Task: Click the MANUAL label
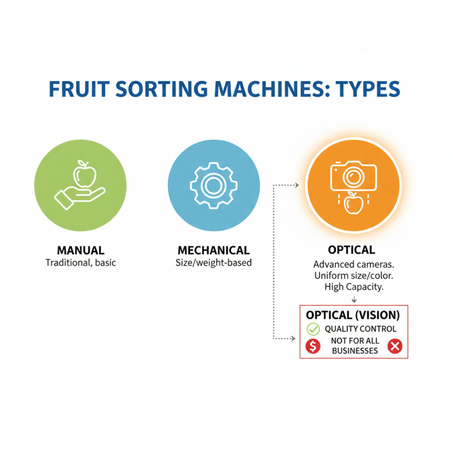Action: (80, 250)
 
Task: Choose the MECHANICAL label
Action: (213, 250)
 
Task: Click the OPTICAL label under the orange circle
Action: (351, 250)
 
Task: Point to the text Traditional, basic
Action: (80, 263)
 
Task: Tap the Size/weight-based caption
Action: (213, 263)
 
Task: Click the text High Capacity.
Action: (354, 287)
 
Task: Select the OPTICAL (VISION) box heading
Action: (353, 315)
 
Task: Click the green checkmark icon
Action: (313, 329)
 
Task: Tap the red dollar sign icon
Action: (313, 347)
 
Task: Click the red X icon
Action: (395, 347)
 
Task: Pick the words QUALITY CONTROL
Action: (360, 329)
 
